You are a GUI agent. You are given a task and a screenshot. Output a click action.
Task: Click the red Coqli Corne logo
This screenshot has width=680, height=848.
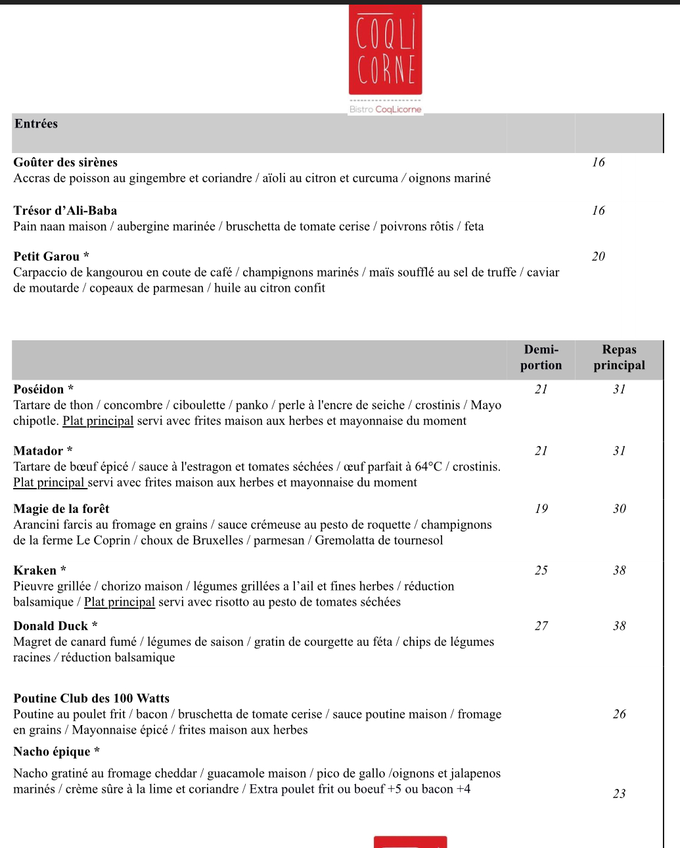point(386,51)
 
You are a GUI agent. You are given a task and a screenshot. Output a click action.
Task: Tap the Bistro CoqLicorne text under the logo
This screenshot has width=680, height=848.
point(386,110)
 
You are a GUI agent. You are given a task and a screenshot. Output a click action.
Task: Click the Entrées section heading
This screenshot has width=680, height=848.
point(36,124)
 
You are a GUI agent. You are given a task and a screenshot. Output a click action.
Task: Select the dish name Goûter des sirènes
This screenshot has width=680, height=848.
point(66,162)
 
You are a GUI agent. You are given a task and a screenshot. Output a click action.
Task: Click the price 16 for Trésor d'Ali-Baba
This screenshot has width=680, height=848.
point(598,211)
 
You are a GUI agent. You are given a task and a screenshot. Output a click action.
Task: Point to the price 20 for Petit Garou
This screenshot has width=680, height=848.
point(598,257)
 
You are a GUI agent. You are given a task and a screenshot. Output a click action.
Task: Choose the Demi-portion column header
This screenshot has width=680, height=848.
point(541,358)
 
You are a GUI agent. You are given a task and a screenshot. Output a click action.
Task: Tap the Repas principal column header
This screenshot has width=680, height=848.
point(619,358)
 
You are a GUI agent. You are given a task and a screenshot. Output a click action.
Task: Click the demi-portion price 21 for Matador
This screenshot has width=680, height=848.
point(541,451)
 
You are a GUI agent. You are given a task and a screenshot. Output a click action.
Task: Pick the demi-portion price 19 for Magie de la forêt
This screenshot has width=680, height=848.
point(541,509)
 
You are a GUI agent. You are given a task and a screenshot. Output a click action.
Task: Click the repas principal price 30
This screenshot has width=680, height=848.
point(619,509)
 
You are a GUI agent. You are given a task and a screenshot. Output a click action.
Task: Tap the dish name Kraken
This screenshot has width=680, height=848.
point(35,571)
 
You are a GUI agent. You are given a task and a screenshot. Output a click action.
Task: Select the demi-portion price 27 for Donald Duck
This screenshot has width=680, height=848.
point(541,626)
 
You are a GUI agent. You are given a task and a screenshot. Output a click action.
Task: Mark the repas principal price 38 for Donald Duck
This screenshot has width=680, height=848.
point(619,626)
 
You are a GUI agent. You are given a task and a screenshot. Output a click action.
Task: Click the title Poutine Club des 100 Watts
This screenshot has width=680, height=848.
point(91,698)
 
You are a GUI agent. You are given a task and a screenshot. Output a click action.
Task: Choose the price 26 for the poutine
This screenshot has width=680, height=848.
point(619,714)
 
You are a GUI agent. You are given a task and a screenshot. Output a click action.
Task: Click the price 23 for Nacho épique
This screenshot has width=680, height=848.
point(619,794)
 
